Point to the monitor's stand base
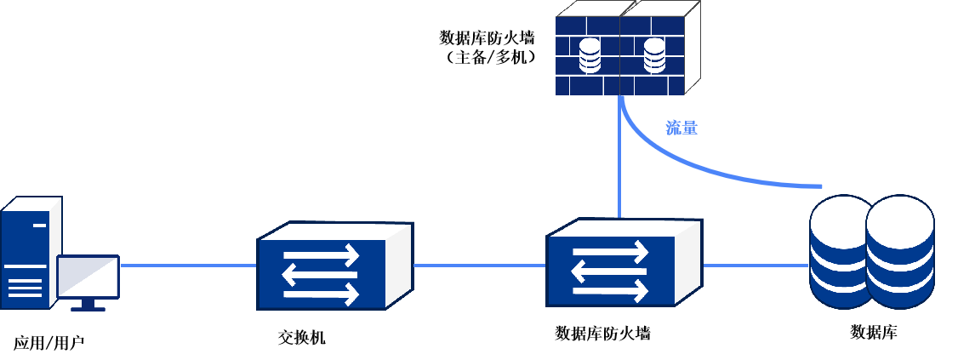[x=88, y=308]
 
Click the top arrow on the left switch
[x=321, y=255]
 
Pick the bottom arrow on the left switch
[x=321, y=294]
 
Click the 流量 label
[x=681, y=129]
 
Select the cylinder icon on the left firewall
[x=590, y=55]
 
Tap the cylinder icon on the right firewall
[x=653, y=55]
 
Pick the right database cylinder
[x=900, y=252]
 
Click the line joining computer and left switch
[x=188, y=265]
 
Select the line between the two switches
[x=479, y=265]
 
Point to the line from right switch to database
[x=756, y=265]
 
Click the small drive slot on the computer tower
[x=40, y=226]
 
